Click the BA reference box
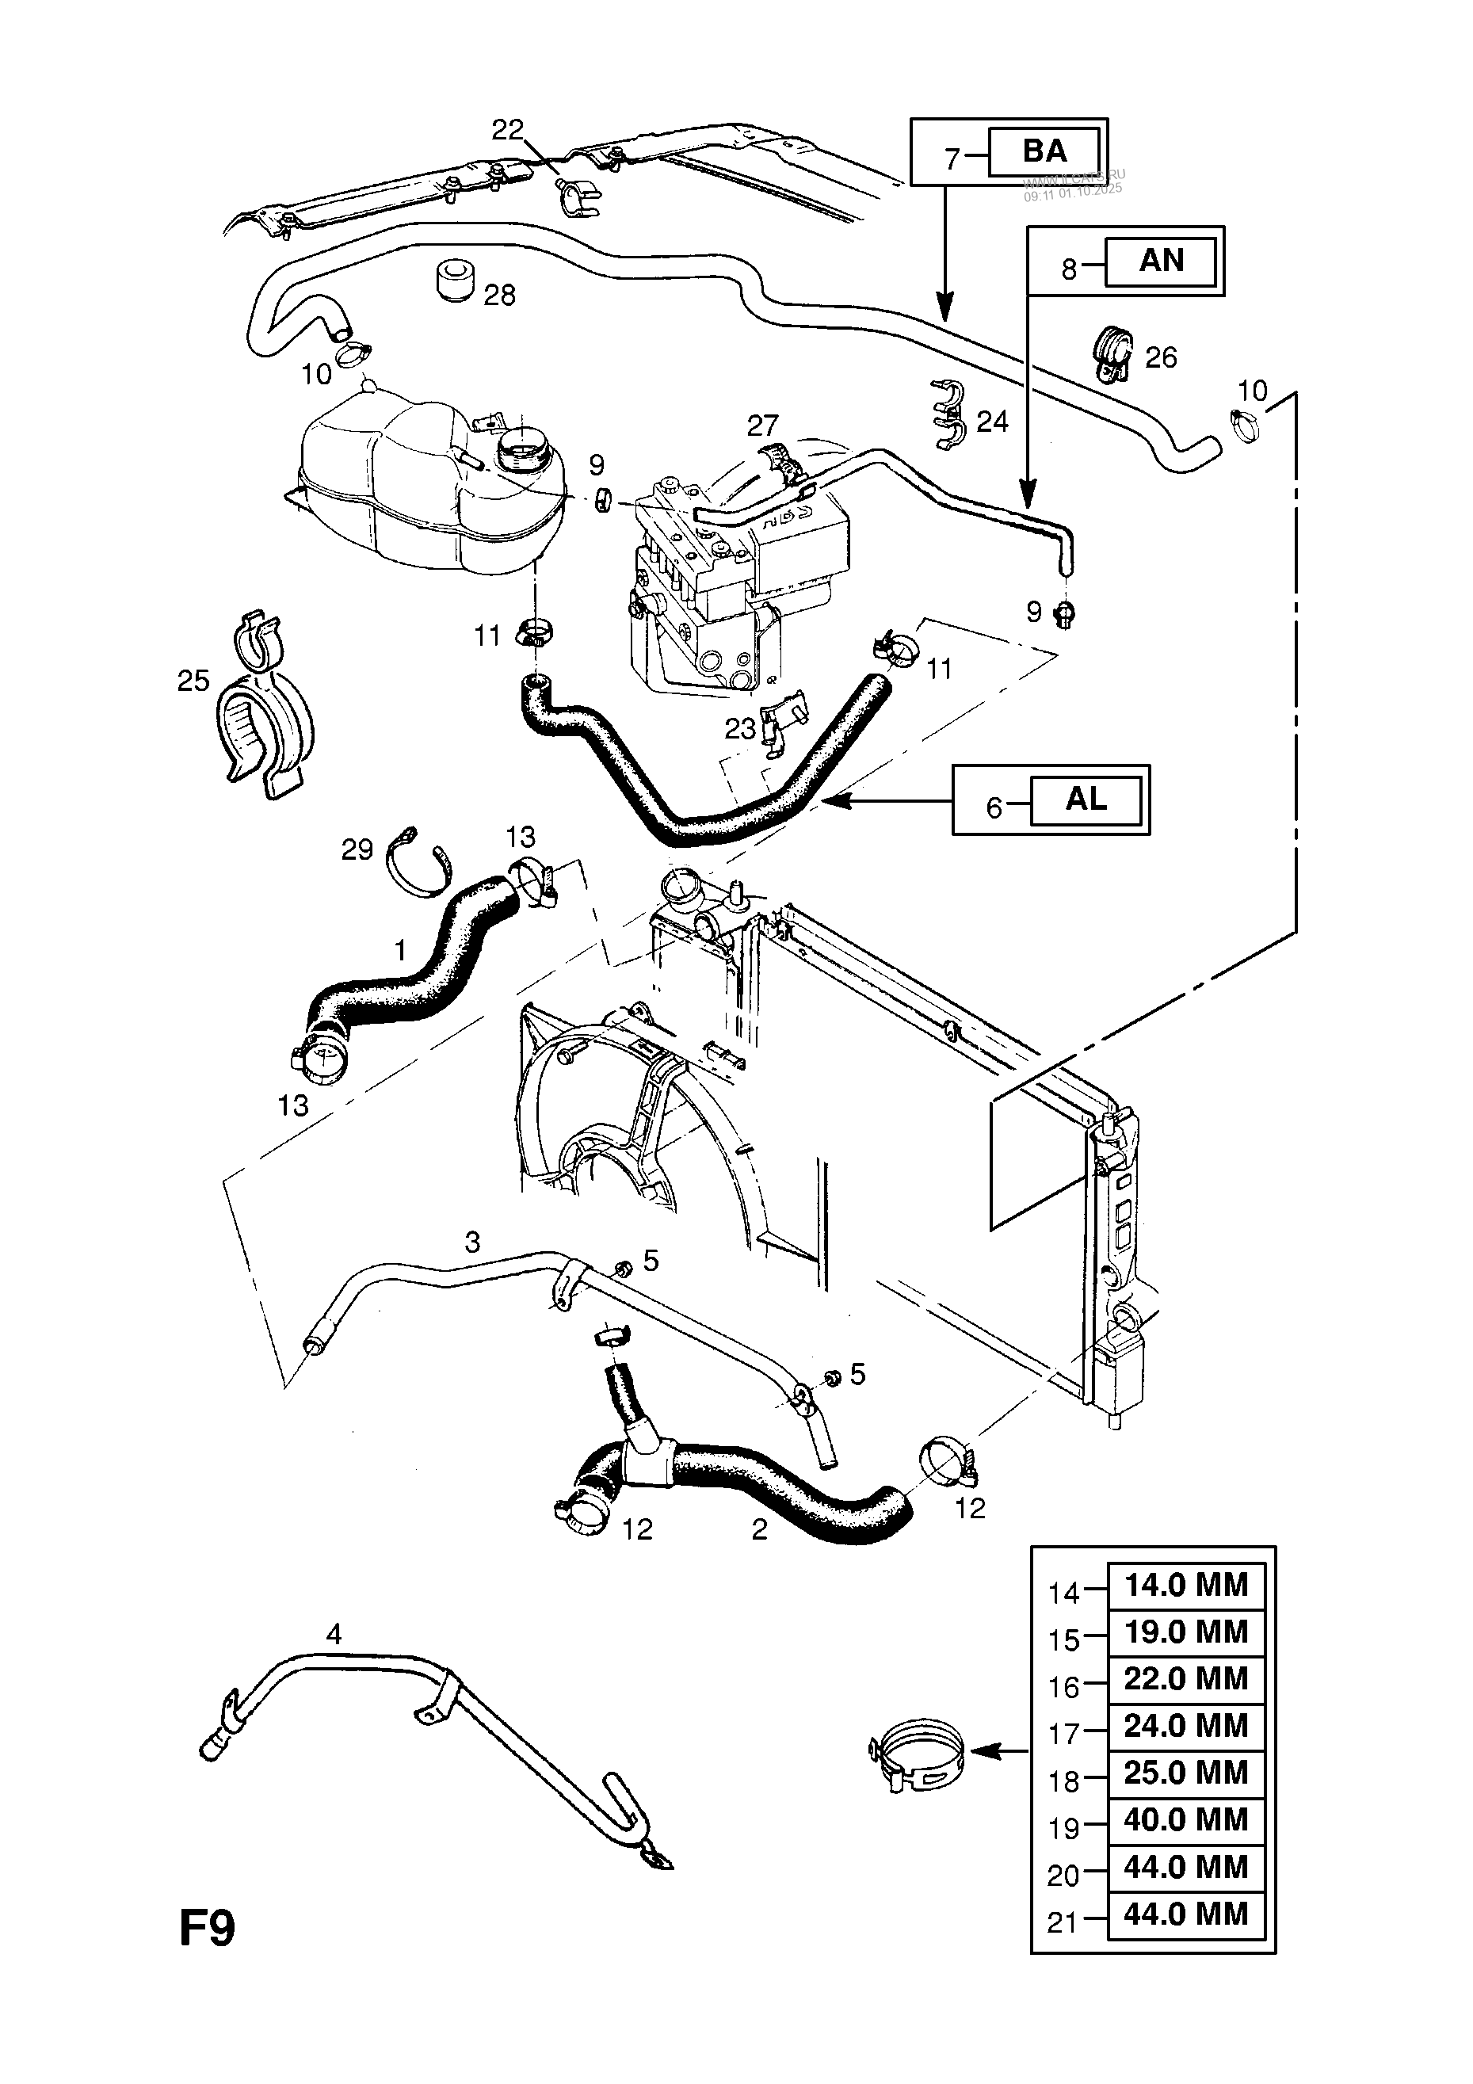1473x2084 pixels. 1044,151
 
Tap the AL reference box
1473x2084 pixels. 1086,800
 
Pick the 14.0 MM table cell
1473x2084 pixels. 1185,1586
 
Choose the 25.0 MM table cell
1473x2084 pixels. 1185,1773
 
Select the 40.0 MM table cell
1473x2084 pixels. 1185,1820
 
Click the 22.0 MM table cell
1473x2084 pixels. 1185,1679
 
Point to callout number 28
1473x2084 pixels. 499,295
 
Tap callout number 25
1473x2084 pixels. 193,681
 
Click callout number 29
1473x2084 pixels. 357,849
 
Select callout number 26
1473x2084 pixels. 1161,357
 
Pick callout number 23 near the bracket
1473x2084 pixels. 740,728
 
